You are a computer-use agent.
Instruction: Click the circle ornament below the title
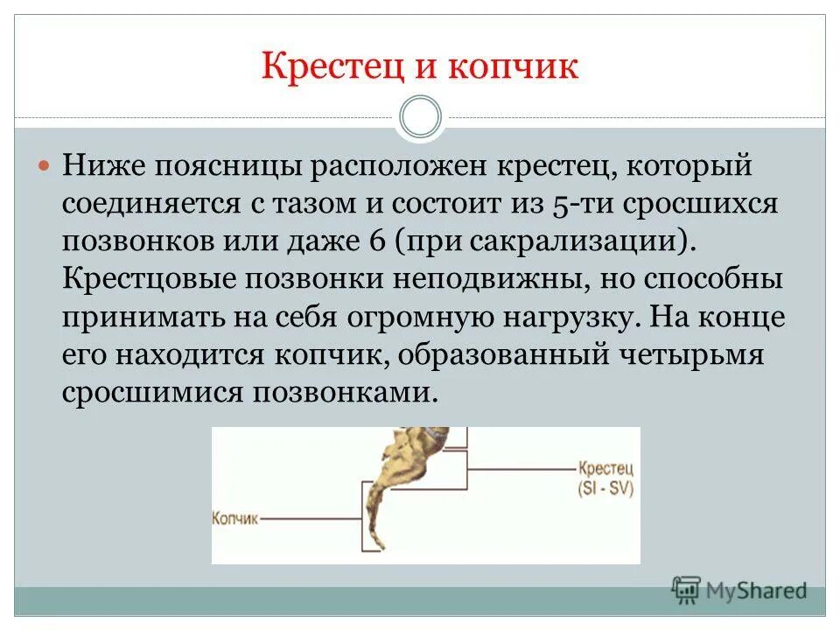420,116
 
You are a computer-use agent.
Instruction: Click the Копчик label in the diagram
235,518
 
